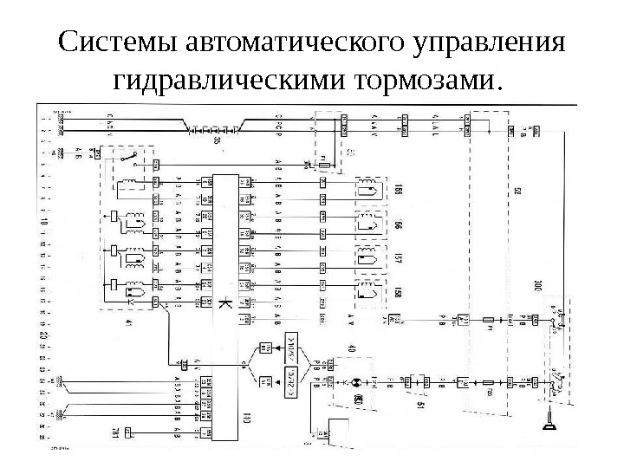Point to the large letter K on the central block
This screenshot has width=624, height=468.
coord(224,304)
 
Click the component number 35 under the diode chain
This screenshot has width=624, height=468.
coord(216,140)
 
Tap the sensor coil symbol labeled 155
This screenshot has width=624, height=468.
coord(367,190)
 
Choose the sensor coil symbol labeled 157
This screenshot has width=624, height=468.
coord(367,257)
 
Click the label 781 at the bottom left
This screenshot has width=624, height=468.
coord(114,431)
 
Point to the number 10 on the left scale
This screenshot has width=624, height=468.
coord(43,223)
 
